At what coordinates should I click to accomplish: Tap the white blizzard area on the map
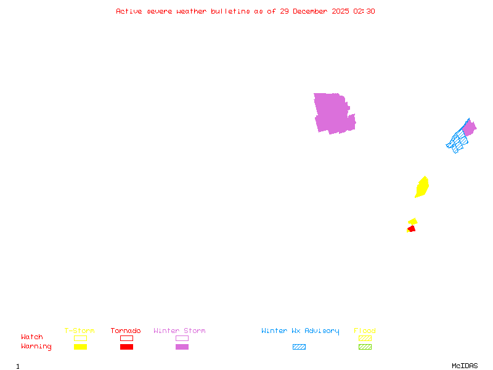pos(353,107)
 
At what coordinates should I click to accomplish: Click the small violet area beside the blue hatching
pos(469,128)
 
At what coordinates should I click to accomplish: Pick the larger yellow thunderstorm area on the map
pos(422,187)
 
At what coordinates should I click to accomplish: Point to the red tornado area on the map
pos(411,229)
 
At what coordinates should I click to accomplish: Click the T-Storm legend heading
pos(79,331)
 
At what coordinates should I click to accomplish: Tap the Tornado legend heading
pos(126,331)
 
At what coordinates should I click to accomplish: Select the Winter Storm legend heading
pos(179,331)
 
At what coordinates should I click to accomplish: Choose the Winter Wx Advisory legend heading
pos(300,331)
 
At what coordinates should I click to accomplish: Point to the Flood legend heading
pos(365,331)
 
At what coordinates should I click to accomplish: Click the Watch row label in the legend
pos(32,337)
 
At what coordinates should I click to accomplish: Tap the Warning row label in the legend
pos(36,347)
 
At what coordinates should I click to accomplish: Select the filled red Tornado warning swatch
pos(126,347)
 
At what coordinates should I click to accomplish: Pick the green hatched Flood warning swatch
pos(365,347)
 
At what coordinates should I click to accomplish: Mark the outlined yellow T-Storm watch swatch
pos(80,338)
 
